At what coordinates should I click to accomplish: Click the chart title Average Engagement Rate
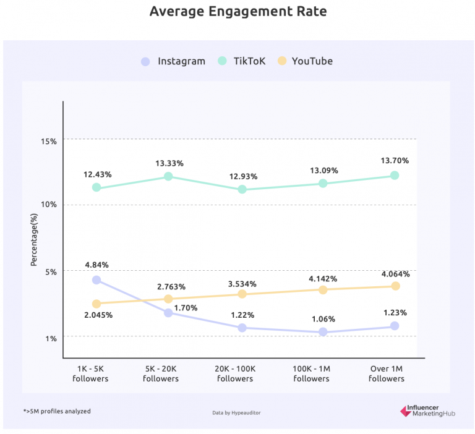[237, 12]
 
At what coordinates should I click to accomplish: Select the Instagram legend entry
[173, 61]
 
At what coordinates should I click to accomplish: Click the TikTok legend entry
[242, 61]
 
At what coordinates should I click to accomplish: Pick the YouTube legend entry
[305, 61]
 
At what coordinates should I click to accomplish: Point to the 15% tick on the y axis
[49, 141]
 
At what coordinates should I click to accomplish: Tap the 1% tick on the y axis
[51, 338]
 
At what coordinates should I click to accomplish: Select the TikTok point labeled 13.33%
[168, 176]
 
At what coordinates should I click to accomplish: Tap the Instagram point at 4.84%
[96, 280]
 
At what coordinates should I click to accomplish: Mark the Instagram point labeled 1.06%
[323, 332]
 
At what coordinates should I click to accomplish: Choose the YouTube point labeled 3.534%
[242, 294]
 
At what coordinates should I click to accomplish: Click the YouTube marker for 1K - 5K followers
[96, 304]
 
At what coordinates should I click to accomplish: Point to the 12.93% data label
[242, 177]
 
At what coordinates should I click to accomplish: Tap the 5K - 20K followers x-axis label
[161, 373]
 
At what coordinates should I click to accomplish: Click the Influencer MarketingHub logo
[427, 411]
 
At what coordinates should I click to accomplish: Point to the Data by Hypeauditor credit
[236, 412]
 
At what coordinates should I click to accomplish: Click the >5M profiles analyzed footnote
[57, 411]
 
